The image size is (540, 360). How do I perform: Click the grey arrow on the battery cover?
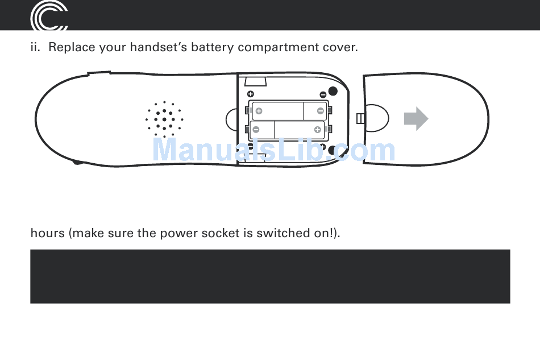click(416, 118)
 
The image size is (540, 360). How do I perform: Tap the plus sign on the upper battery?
click(259, 111)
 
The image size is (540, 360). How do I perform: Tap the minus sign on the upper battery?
click(321, 111)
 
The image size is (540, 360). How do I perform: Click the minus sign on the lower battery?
click(256, 130)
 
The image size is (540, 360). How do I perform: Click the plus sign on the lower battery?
click(317, 130)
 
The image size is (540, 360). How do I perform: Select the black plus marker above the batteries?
click(250, 94)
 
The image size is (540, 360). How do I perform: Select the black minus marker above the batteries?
click(323, 94)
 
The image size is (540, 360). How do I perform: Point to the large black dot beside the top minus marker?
click(333, 92)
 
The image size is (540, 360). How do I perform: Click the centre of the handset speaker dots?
click(164, 119)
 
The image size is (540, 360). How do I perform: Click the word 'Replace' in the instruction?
click(71, 47)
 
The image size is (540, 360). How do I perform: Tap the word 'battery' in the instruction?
click(212, 47)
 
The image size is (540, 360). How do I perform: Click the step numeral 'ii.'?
click(36, 47)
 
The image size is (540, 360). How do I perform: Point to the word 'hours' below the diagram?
click(47, 233)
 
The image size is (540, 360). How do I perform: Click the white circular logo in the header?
click(49, 16)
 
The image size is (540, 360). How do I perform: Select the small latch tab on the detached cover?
click(359, 118)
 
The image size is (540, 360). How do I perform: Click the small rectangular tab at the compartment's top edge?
click(256, 80)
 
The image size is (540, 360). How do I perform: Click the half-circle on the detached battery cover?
click(375, 118)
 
